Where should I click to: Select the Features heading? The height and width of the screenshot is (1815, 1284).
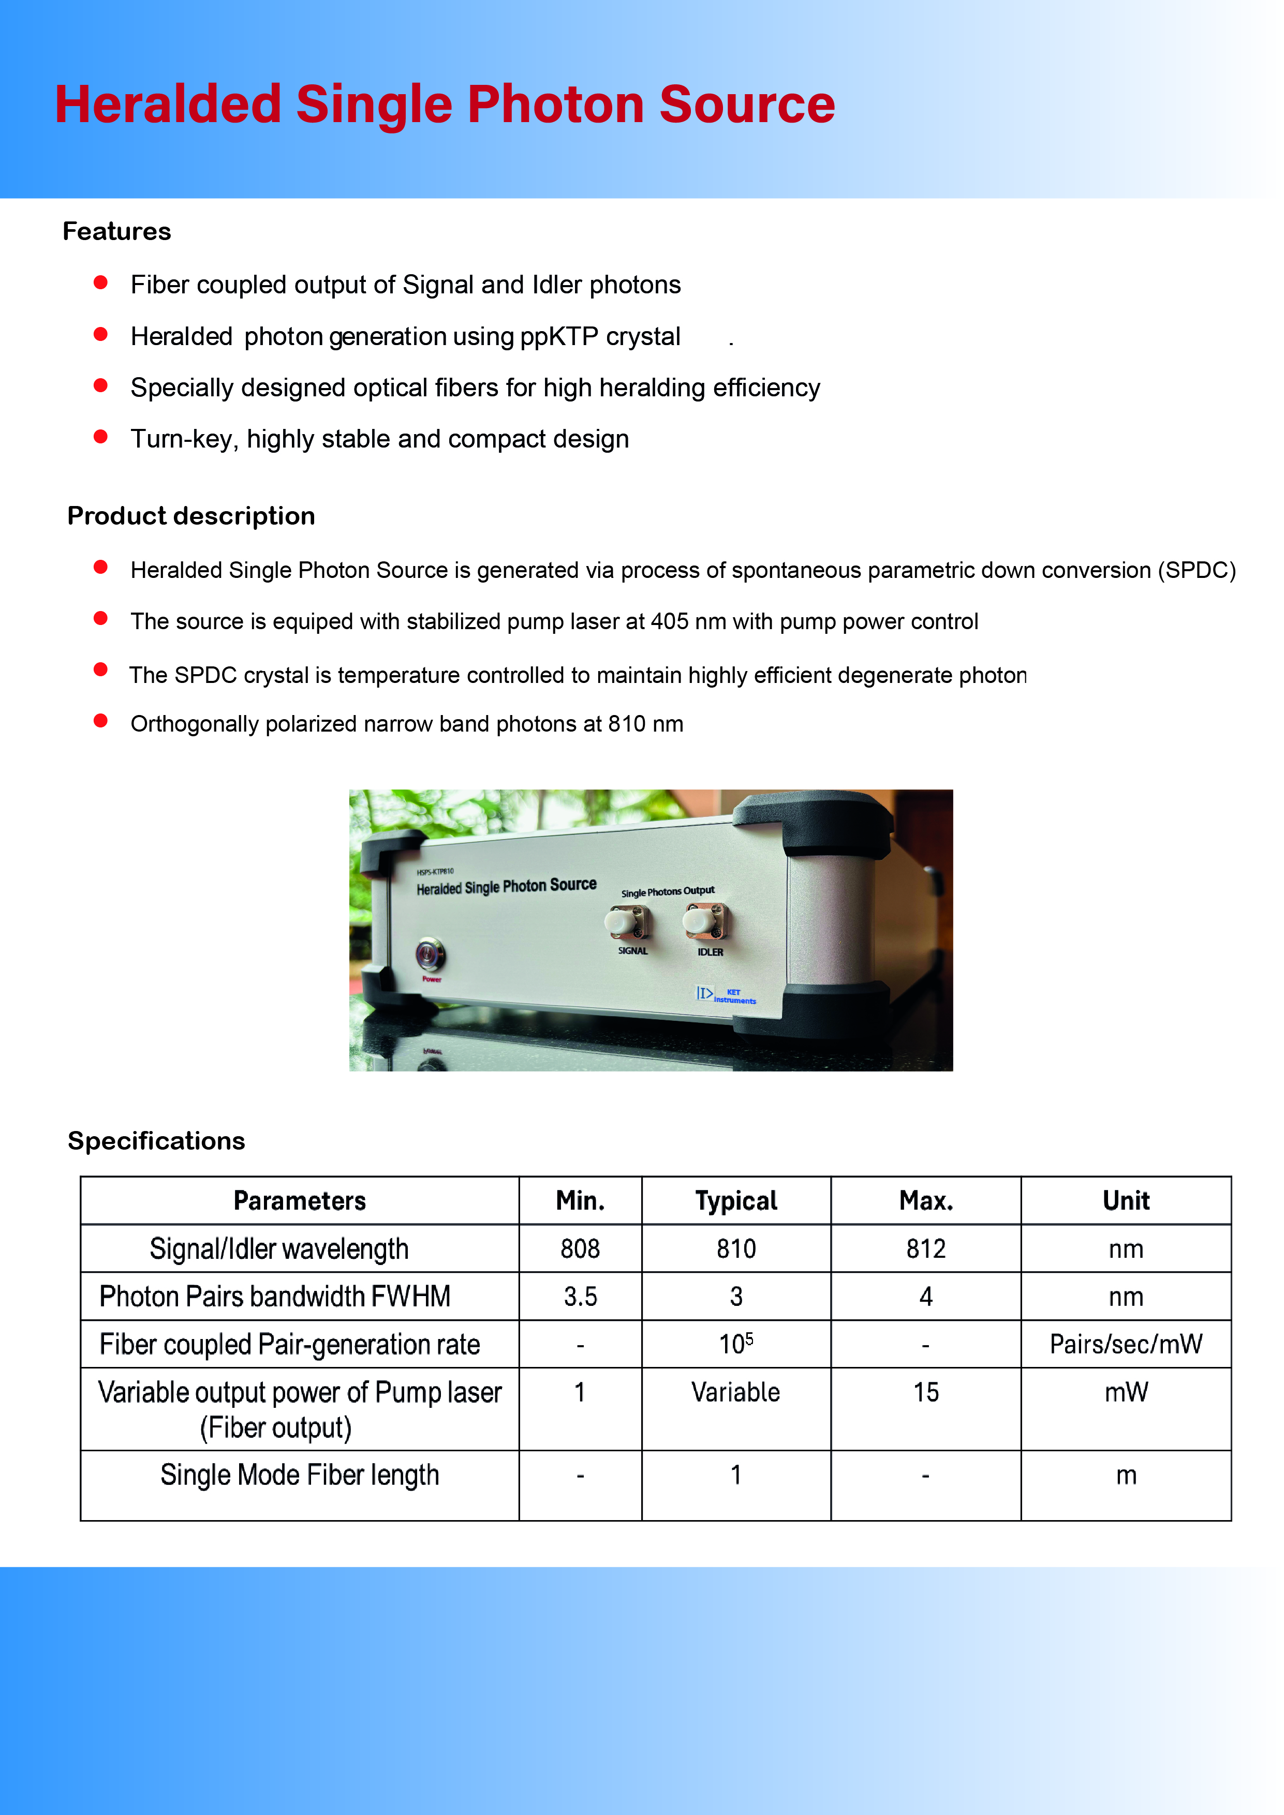tap(117, 232)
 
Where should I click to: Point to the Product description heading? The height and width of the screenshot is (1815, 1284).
tap(191, 516)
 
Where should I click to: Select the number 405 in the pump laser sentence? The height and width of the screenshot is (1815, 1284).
tap(669, 622)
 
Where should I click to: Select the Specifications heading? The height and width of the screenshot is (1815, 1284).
tap(156, 1141)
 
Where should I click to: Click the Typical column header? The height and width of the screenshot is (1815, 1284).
tap(736, 1201)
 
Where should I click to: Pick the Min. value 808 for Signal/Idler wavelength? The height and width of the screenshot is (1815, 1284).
tap(580, 1249)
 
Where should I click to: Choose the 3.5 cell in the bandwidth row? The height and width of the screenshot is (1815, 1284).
tap(580, 1297)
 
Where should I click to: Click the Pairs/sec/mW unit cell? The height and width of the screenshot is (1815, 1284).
tap(1125, 1344)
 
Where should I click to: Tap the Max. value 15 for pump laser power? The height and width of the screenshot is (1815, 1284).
tap(926, 1392)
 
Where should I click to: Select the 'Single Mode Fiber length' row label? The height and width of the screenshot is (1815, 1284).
tap(300, 1475)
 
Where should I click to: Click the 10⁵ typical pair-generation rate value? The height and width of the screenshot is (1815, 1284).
tap(736, 1344)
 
